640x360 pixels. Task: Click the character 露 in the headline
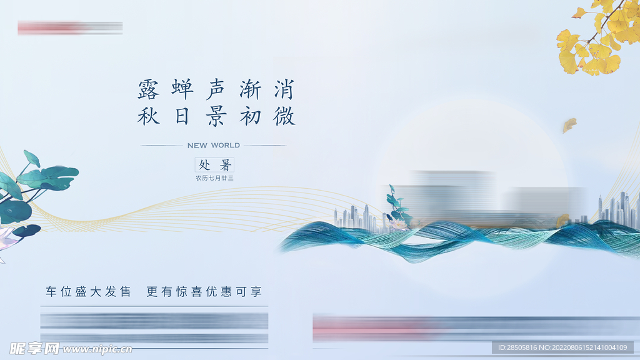click(x=149, y=90)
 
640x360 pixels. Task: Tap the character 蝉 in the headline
click(x=182, y=90)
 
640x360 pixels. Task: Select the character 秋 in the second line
click(x=149, y=116)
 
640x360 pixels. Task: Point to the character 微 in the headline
click(x=284, y=116)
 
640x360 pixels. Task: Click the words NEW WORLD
click(x=213, y=146)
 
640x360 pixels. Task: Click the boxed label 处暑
click(x=215, y=165)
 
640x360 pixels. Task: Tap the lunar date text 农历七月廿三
click(x=214, y=178)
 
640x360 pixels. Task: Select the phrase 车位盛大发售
click(x=88, y=292)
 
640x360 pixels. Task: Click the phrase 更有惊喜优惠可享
click(x=204, y=292)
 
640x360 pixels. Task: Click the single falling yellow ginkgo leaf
click(x=569, y=125)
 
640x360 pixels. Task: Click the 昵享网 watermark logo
click(x=35, y=347)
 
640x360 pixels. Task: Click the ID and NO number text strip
click(x=562, y=347)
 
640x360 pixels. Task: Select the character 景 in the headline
click(x=216, y=116)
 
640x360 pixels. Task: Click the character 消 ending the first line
click(x=284, y=90)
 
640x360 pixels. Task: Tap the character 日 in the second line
click(x=182, y=116)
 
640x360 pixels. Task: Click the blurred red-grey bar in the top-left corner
click(x=70, y=27)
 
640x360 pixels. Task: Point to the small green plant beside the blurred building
click(x=396, y=206)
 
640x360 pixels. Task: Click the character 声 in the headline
click(x=216, y=90)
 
